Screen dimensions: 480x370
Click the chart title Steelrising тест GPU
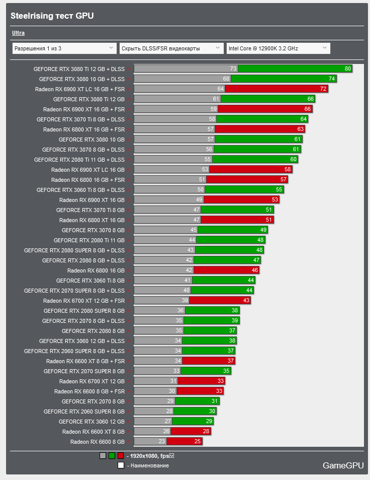52,16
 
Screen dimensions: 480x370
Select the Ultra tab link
18,33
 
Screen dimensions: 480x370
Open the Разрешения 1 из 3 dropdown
64,48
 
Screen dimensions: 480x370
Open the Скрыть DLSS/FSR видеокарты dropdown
171,48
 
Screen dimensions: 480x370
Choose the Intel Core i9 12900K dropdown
278,48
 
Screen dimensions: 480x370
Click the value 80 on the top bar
348,69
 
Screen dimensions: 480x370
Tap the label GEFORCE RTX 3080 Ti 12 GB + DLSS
79,69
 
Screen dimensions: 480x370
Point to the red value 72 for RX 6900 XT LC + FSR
324,89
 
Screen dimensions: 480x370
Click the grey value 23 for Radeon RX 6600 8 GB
162,442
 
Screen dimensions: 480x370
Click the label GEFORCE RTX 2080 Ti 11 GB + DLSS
79,160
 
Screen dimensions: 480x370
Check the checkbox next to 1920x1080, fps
172,456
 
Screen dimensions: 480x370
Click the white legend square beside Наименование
121,465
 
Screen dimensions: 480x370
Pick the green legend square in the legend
112,456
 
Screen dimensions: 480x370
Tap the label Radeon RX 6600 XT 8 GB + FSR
85,361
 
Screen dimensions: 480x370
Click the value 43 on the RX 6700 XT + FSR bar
246,301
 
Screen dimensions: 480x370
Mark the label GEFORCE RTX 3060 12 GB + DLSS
81,341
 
